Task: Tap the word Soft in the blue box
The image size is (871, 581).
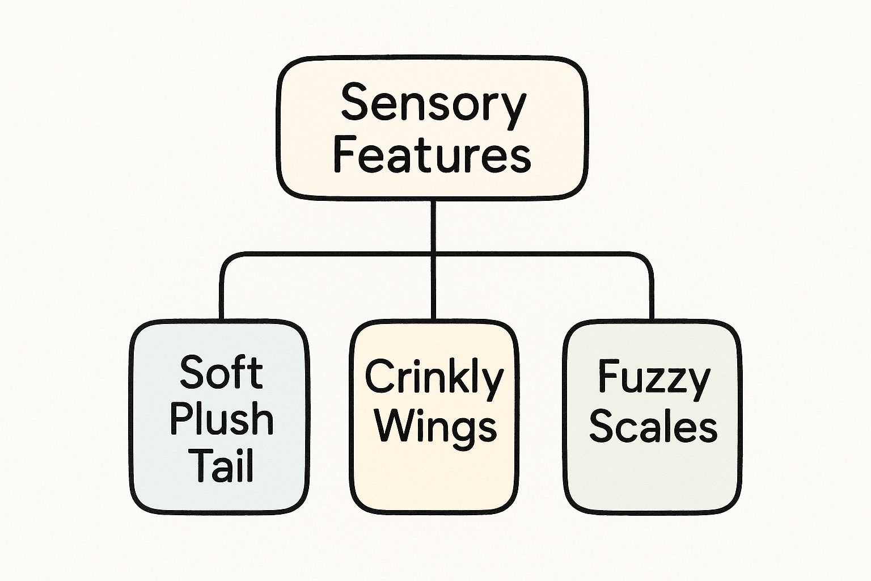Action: coord(221,373)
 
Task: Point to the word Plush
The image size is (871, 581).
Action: coord(221,419)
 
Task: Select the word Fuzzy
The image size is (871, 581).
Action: coord(653,379)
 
